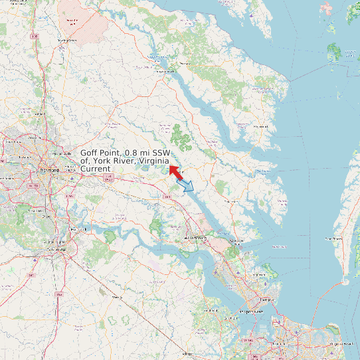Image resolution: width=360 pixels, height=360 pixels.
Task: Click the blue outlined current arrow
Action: (x=188, y=186)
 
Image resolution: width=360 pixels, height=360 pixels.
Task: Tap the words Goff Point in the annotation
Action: (x=101, y=153)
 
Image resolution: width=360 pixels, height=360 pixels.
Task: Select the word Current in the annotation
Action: (x=95, y=169)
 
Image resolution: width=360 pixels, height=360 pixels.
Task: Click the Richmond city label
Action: (x=49, y=170)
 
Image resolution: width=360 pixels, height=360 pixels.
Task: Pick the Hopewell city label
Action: (x=78, y=229)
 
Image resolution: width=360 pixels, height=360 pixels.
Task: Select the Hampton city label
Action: (x=266, y=300)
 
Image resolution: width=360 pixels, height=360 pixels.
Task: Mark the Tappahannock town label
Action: (x=165, y=71)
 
